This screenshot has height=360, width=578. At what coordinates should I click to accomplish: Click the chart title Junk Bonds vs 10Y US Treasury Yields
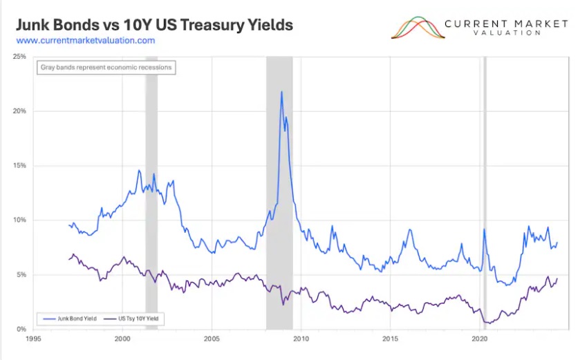coord(154,25)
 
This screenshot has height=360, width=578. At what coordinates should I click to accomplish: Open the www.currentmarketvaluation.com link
coord(85,41)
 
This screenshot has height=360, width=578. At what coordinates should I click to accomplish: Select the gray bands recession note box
coord(104,68)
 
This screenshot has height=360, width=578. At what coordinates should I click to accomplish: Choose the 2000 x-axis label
coord(122,339)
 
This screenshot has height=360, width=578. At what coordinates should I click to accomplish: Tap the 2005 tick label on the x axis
coord(212,339)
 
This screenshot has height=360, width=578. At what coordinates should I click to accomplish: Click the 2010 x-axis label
coord(301,339)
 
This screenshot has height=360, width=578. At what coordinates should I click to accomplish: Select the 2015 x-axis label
coord(391,339)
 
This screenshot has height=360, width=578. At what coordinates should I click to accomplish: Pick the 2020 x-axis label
coord(480,339)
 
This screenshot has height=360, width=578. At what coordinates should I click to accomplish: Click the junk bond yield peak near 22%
coord(281,92)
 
